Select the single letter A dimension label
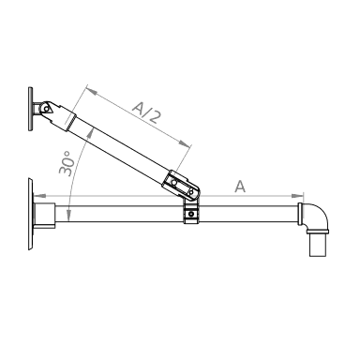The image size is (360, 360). (241, 187)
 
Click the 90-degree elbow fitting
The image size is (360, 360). (315, 217)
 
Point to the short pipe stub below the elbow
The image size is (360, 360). (316, 246)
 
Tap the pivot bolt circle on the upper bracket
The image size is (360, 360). (42, 109)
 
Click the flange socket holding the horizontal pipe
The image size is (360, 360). (45, 216)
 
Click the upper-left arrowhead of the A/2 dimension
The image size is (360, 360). (86, 89)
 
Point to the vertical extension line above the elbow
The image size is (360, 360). (302, 191)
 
